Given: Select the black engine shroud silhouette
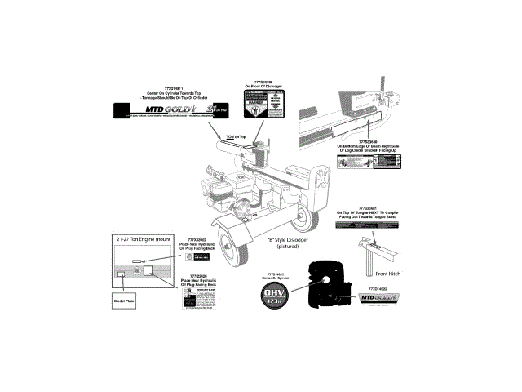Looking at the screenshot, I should (x=330, y=285).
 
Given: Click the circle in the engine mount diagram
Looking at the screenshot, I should (x=137, y=270).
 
